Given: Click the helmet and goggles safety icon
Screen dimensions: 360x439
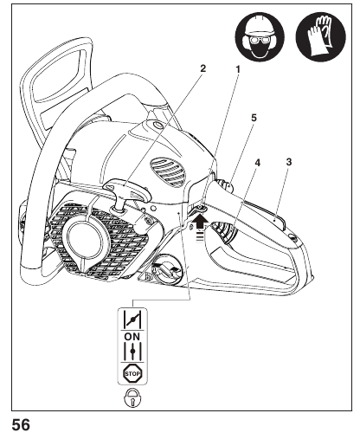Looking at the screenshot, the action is [260, 36].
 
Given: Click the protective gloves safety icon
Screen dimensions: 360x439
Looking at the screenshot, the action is [321, 36].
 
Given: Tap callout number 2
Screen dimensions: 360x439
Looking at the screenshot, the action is [203, 68].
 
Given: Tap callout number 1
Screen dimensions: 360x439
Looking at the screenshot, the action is [238, 69].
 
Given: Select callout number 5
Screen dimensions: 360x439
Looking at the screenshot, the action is [254, 118].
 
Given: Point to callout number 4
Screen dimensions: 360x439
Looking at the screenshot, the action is [258, 163].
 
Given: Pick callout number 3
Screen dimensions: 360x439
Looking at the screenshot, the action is [289, 162].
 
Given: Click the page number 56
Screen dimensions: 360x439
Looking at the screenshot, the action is [21, 425].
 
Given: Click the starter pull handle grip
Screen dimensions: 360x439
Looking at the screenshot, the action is [127, 190].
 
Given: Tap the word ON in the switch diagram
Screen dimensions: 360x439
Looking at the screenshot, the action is [132, 337].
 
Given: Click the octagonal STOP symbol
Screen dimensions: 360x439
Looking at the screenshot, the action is [132, 374].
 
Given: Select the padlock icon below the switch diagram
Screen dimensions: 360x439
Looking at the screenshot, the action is [132, 398].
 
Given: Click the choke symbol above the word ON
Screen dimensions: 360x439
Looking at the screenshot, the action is [132, 320].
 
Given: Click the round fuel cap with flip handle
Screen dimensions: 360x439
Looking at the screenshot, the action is [167, 269].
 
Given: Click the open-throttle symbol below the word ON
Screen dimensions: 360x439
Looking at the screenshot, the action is [132, 351].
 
